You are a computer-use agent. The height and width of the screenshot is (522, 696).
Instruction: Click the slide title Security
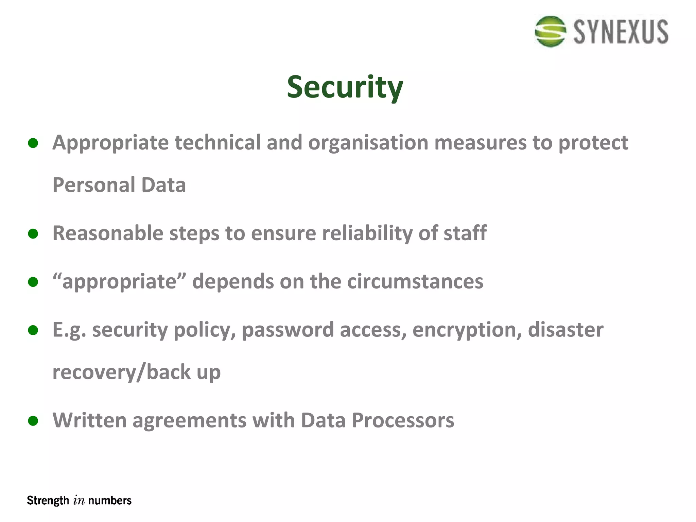345,87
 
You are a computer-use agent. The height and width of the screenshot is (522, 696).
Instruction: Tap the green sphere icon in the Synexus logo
550,31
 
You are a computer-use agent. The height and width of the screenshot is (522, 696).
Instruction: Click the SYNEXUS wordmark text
621,32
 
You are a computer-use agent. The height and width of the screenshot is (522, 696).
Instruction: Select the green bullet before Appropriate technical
33,143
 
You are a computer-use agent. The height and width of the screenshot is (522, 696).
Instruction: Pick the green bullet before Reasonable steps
33,234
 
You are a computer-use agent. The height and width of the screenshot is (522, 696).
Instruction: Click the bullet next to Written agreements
33,421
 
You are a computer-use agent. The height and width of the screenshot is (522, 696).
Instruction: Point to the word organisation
368,142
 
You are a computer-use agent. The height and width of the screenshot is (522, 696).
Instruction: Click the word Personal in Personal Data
94,185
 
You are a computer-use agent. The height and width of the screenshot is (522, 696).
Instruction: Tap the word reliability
367,233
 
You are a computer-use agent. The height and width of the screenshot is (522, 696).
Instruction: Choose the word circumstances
415,282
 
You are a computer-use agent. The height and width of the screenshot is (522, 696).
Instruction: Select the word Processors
403,420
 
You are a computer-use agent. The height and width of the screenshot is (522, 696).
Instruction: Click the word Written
89,420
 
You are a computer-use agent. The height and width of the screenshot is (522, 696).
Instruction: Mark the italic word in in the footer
79,501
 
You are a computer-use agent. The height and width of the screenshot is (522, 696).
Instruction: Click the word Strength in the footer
48,501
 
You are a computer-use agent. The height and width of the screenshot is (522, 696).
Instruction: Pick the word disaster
565,330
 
